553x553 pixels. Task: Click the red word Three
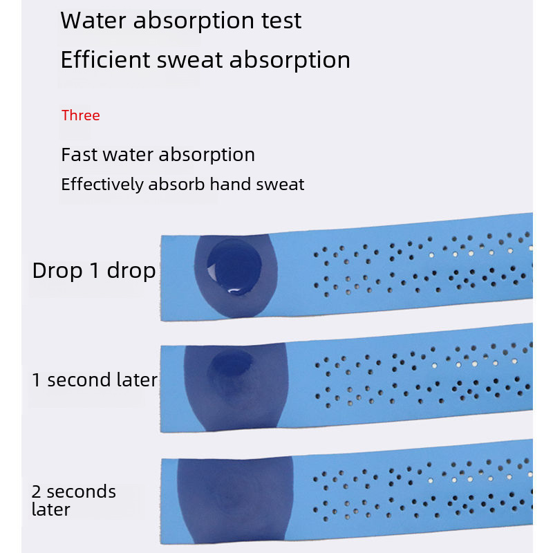click(x=80, y=115)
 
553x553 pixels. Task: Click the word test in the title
click(x=281, y=21)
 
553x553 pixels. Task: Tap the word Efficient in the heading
click(x=105, y=59)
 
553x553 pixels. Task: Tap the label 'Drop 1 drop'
click(x=94, y=270)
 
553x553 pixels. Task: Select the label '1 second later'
click(x=95, y=379)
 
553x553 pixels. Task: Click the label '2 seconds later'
click(x=73, y=500)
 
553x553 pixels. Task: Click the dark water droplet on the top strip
click(x=234, y=267)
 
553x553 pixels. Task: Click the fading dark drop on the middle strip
click(x=232, y=364)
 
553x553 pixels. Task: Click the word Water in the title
click(x=93, y=21)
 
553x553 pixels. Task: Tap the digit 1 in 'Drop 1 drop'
click(x=95, y=270)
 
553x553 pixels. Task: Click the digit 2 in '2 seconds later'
click(x=36, y=491)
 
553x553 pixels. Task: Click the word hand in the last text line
click(x=230, y=184)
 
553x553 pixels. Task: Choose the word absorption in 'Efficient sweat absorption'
click(x=290, y=60)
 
